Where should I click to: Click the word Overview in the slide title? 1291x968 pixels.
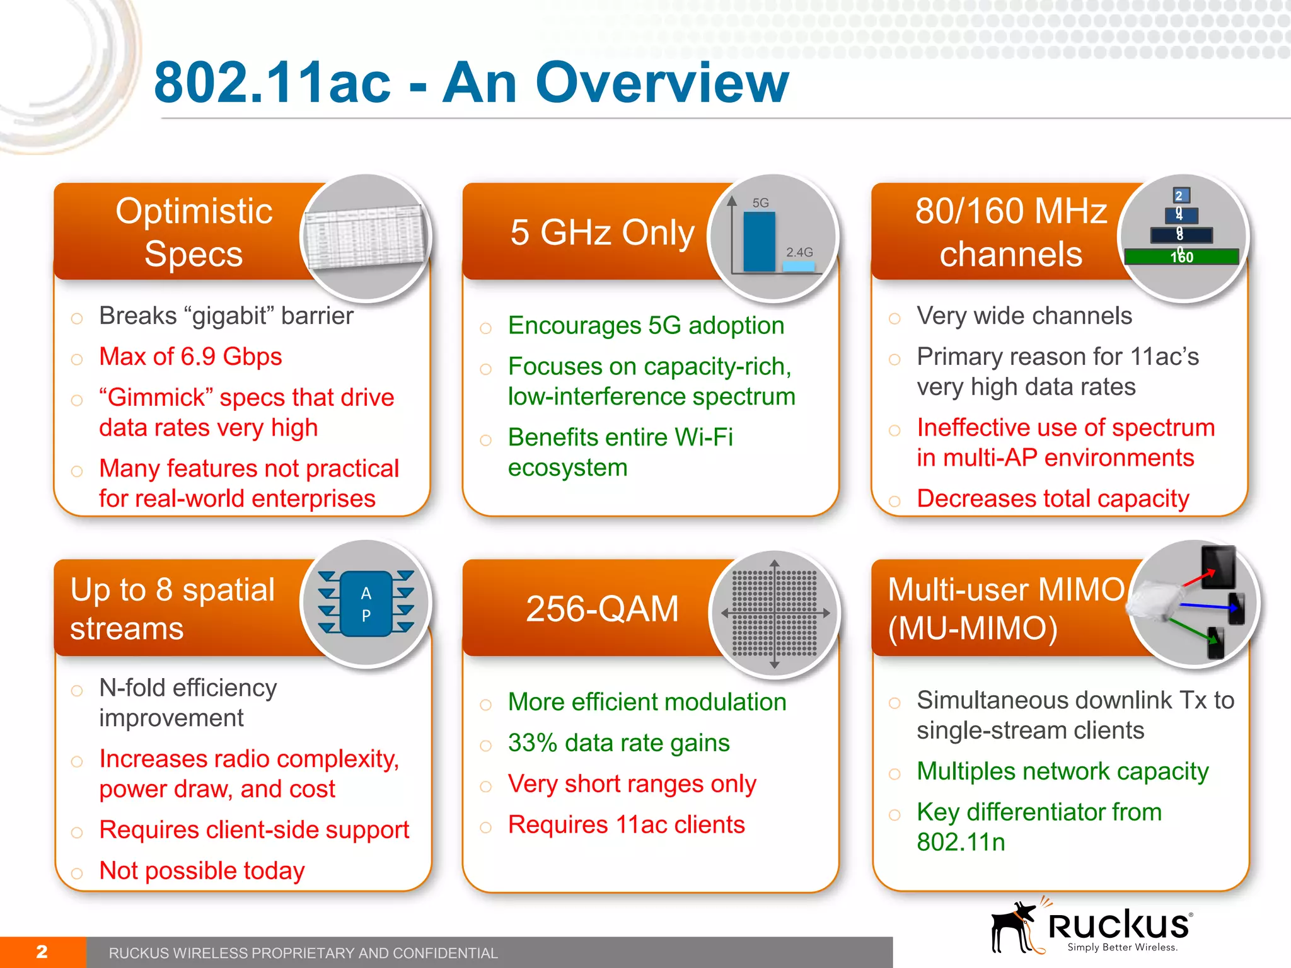click(x=662, y=83)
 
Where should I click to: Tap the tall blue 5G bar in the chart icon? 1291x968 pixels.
click(x=759, y=242)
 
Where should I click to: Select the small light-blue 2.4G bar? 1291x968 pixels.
click(x=799, y=267)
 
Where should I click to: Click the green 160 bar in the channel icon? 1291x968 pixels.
click(x=1181, y=257)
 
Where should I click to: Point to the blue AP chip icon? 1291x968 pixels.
click(x=366, y=604)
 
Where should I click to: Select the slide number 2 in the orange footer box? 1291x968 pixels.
click(x=42, y=952)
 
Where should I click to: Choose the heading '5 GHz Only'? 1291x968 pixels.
click(x=602, y=233)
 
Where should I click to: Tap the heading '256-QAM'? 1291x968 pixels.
click(x=602, y=609)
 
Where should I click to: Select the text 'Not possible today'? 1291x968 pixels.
click(x=202, y=871)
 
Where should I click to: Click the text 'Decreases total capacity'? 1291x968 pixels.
click(x=1053, y=498)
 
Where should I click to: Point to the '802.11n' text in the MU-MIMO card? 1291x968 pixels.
click(x=961, y=843)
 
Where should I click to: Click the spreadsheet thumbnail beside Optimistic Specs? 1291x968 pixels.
click(x=364, y=237)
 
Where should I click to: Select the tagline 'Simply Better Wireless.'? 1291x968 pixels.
click(x=1123, y=947)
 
